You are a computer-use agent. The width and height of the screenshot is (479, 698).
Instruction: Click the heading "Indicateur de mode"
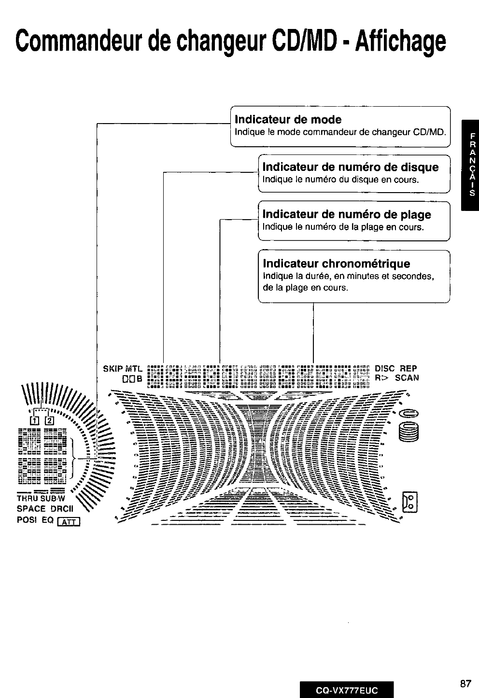288,120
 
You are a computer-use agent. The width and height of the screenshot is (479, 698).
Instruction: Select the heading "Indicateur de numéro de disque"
351,168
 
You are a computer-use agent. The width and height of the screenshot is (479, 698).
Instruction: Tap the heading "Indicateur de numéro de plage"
347,215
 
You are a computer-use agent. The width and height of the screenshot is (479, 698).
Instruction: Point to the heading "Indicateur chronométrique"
337,264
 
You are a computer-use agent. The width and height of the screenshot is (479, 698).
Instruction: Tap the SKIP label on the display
112,369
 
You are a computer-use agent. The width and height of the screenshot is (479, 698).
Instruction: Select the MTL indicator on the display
134,369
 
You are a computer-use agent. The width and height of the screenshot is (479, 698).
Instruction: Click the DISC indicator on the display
385,368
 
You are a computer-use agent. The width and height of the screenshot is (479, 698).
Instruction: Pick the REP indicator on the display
408,368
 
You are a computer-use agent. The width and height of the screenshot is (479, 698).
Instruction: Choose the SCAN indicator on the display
407,378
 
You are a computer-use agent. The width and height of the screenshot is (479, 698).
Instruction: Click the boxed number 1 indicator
34,419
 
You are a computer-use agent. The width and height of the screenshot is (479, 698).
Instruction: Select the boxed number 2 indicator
49,419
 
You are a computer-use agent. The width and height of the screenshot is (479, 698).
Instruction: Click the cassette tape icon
410,502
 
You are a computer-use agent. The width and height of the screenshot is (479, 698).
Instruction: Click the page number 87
465,684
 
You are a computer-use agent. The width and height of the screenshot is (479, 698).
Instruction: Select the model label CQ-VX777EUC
346,689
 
